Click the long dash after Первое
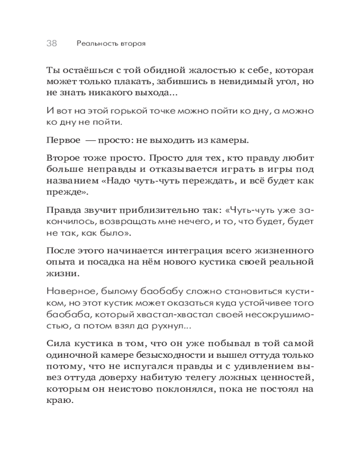[92, 140]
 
